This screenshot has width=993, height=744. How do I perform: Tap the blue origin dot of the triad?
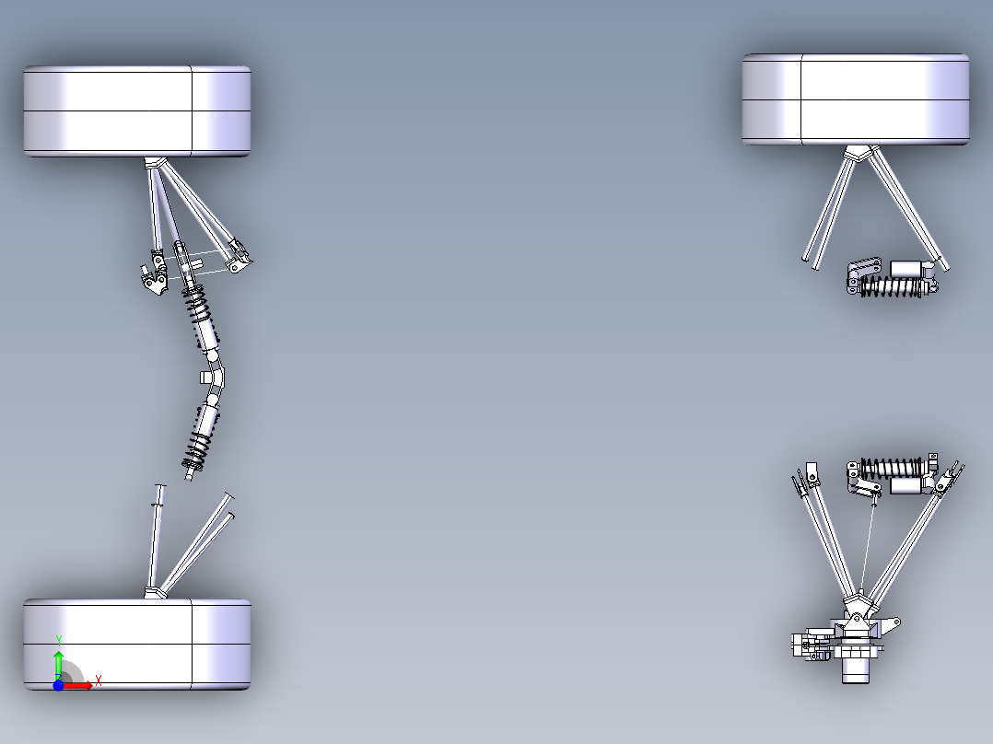[58, 686]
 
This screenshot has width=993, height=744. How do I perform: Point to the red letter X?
[98, 680]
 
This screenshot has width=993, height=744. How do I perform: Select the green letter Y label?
[59, 639]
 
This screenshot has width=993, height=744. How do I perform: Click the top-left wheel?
[137, 110]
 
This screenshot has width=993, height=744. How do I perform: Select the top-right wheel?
[855, 99]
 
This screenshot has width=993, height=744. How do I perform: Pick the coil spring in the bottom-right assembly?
[890, 467]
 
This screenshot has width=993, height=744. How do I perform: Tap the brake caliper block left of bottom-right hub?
[805, 645]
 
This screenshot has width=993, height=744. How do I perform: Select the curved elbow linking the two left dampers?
[218, 378]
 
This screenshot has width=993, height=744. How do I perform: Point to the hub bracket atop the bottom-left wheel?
[155, 592]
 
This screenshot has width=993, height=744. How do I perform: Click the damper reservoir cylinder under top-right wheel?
[908, 269]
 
